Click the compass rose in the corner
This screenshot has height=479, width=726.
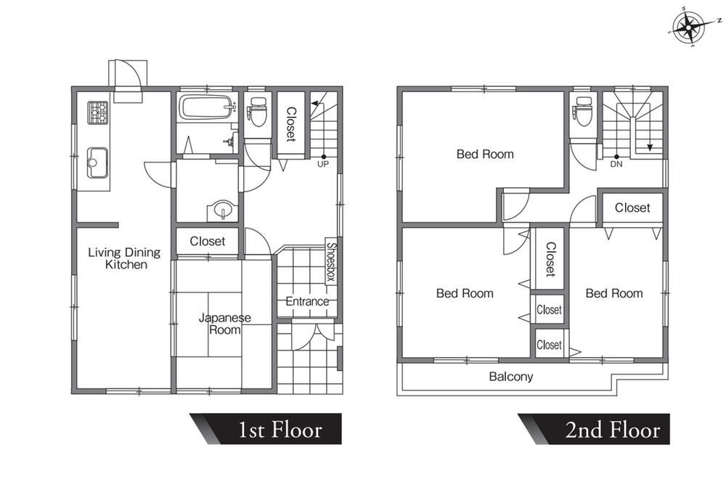688,27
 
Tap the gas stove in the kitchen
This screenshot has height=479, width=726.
98,112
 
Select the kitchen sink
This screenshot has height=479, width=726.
97,163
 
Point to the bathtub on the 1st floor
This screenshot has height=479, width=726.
207,107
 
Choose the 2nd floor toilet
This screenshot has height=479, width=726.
582,111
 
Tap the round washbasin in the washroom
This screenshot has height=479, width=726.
223,210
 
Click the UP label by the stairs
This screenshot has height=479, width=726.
323,164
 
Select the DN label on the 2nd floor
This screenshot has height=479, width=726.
616,164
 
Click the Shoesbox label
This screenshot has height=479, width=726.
331,262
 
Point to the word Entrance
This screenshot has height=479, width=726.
307,302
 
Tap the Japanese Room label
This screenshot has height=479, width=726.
225,324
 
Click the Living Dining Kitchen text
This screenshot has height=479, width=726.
125,258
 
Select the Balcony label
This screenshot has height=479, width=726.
510,377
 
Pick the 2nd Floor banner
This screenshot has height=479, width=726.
594,429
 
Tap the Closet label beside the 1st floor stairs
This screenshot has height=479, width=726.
291,124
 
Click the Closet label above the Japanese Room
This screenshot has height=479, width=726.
208,241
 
